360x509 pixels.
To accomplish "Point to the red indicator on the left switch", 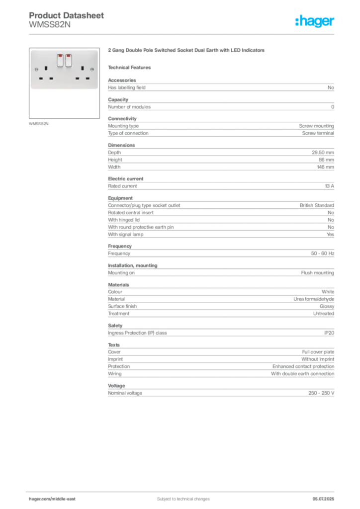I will (x=60, y=55).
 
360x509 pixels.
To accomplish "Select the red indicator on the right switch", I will (x=68, y=55).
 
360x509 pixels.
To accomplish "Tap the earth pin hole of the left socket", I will (x=46, y=67).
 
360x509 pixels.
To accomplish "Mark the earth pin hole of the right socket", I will (x=83, y=67).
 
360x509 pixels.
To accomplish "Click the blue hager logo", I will (x=315, y=21).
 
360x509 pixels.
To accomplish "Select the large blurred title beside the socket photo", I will (x=186, y=51).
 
